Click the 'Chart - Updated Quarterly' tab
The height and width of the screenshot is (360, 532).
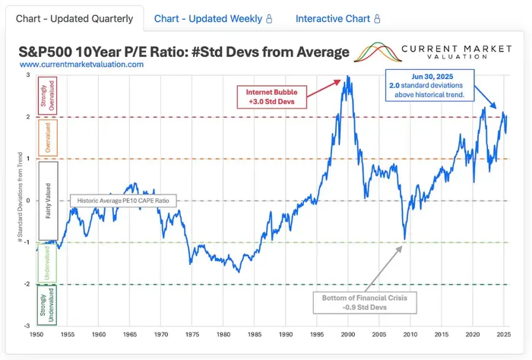[x=74, y=18]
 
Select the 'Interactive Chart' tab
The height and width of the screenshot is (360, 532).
[x=337, y=18]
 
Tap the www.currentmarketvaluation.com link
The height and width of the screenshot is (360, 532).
[x=81, y=65]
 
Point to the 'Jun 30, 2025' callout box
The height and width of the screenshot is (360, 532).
[x=430, y=86]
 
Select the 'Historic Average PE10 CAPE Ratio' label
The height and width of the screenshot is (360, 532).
[x=123, y=201]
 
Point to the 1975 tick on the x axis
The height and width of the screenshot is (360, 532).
[x=192, y=334]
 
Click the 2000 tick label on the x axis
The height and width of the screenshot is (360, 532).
[x=348, y=334]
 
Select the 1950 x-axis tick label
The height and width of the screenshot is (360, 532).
[x=36, y=334]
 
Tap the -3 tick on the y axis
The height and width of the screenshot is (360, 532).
[x=28, y=327]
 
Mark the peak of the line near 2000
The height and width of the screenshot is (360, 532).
[x=347, y=77]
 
